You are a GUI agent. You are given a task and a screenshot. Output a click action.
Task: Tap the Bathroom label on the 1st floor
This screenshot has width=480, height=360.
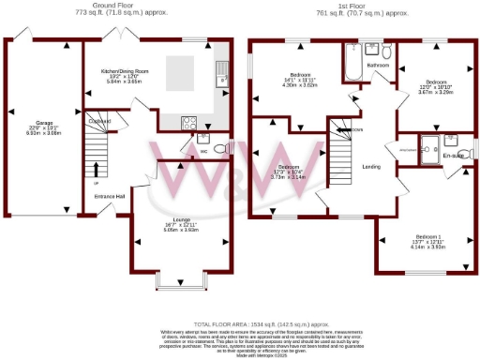[378, 65]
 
